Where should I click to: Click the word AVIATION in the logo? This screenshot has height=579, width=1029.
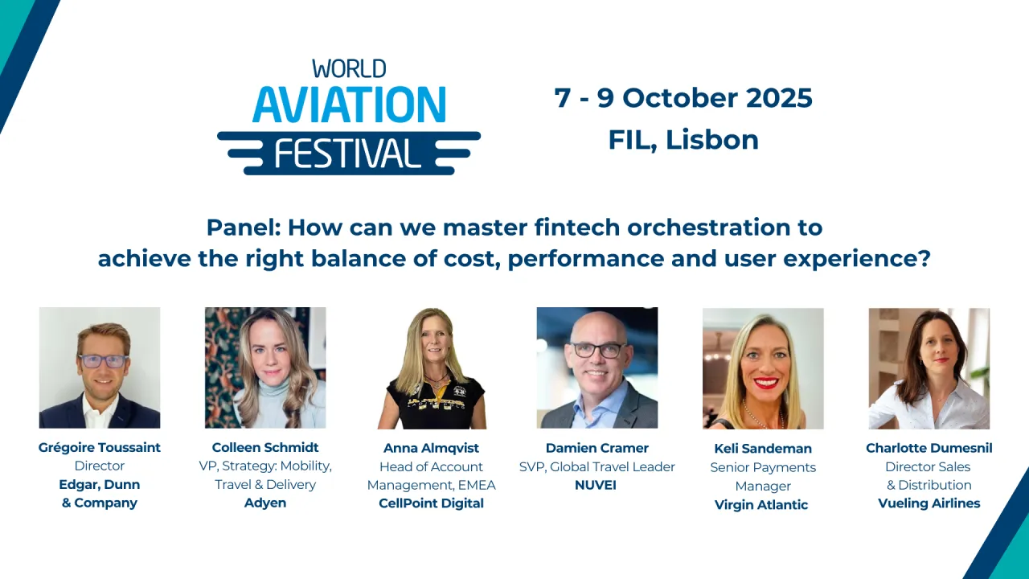[349, 104]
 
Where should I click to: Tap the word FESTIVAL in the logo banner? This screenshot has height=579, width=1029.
[347, 153]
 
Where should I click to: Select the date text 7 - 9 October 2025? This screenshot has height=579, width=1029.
[683, 98]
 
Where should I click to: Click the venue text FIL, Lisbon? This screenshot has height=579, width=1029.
[683, 140]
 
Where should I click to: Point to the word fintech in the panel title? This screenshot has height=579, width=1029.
[577, 228]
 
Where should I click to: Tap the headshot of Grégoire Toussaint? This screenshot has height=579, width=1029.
[100, 368]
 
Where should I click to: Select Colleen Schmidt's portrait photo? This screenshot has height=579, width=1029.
[265, 368]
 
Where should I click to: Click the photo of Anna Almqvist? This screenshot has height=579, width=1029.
[432, 368]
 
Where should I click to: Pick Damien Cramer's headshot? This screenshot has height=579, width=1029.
[597, 368]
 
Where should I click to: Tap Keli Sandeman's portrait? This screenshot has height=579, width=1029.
[763, 368]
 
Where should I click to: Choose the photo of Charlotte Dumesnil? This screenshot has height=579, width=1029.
[929, 368]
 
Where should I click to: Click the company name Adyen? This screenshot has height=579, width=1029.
[265, 503]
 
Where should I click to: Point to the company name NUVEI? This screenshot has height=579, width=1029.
[596, 485]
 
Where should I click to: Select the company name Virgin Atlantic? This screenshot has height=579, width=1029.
[761, 504]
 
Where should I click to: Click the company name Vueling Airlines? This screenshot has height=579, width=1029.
[929, 503]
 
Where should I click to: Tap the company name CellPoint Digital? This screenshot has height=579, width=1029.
[431, 503]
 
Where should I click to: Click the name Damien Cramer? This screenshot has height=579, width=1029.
[596, 448]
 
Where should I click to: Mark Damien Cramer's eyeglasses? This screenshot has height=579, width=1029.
[597, 350]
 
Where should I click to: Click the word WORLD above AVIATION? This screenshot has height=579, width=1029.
[349, 68]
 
